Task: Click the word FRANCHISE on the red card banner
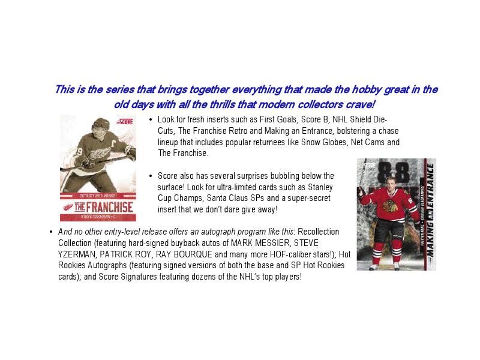[x=110, y=207]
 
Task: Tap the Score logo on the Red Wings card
[x=125, y=122]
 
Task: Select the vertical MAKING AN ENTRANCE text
[x=430, y=211]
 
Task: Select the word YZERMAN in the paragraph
[x=77, y=254]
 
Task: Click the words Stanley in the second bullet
[x=320, y=187]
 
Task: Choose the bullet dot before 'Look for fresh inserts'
[x=151, y=119]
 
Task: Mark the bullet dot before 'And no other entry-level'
[x=51, y=232]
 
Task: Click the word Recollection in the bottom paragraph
[x=319, y=232]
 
